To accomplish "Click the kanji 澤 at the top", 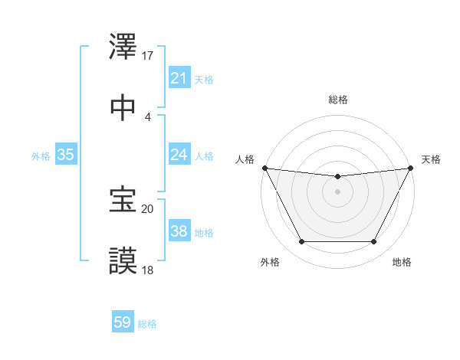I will [123, 47].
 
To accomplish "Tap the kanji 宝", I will [123, 200].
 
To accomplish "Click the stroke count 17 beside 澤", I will [148, 56].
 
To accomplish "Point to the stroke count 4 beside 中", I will [148, 117].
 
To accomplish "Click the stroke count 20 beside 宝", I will [148, 208].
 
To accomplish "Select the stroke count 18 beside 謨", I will [148, 270].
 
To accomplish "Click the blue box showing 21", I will [179, 78].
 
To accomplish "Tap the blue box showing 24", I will [179, 155].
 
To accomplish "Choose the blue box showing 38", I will [179, 231].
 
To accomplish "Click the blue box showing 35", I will [66, 155].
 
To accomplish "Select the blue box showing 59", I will [123, 322].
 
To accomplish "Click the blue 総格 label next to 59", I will [147, 324].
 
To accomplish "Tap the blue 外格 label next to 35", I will [41, 156].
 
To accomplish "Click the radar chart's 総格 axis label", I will [337, 100].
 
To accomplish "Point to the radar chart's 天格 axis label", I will [432, 159].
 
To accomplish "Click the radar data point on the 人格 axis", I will [265, 168].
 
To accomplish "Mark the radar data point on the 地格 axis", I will [374, 242].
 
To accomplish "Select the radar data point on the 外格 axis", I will [301, 242].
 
